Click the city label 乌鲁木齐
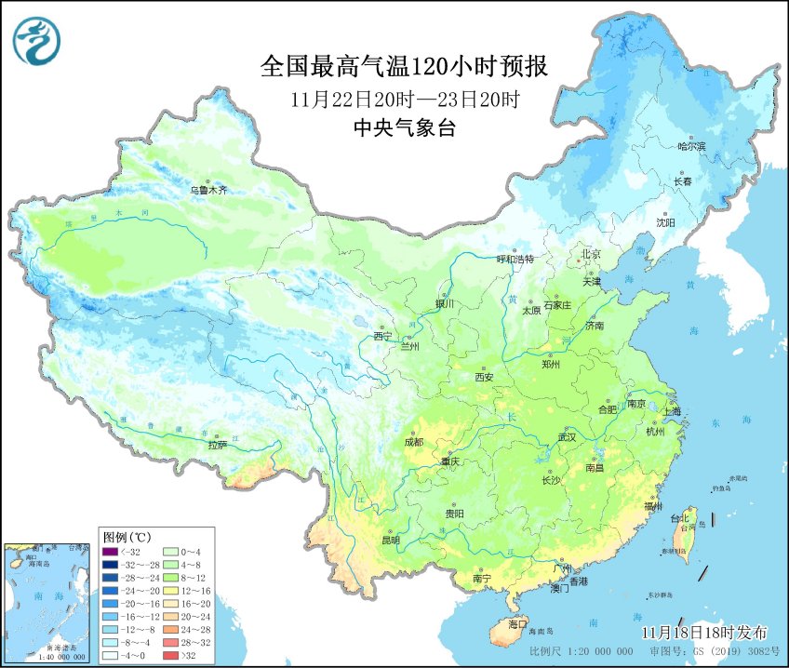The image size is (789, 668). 208,190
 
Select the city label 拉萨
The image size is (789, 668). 217,445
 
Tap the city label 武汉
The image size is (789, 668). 568,436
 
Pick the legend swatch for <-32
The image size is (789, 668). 111,551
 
